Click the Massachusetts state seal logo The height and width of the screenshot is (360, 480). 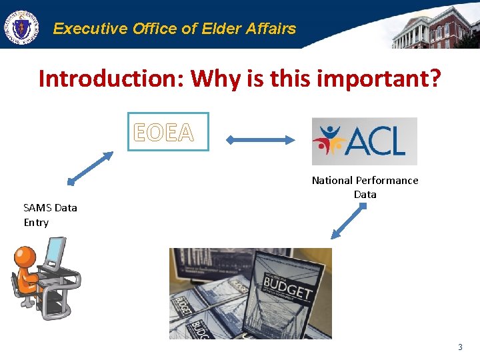(21, 27)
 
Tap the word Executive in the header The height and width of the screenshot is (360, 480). (90, 29)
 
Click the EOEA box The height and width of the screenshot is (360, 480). (168, 132)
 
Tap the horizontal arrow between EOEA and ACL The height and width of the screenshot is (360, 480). (260, 140)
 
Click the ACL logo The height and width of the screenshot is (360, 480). (364, 141)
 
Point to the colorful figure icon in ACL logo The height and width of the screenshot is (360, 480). (331, 141)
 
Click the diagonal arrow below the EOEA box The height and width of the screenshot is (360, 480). (91, 168)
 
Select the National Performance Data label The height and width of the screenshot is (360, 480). (365, 187)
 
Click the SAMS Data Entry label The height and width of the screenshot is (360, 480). (50, 215)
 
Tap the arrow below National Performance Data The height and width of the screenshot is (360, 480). (349, 221)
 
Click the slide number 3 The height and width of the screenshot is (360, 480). (459, 347)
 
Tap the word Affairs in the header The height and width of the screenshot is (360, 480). (269, 29)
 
